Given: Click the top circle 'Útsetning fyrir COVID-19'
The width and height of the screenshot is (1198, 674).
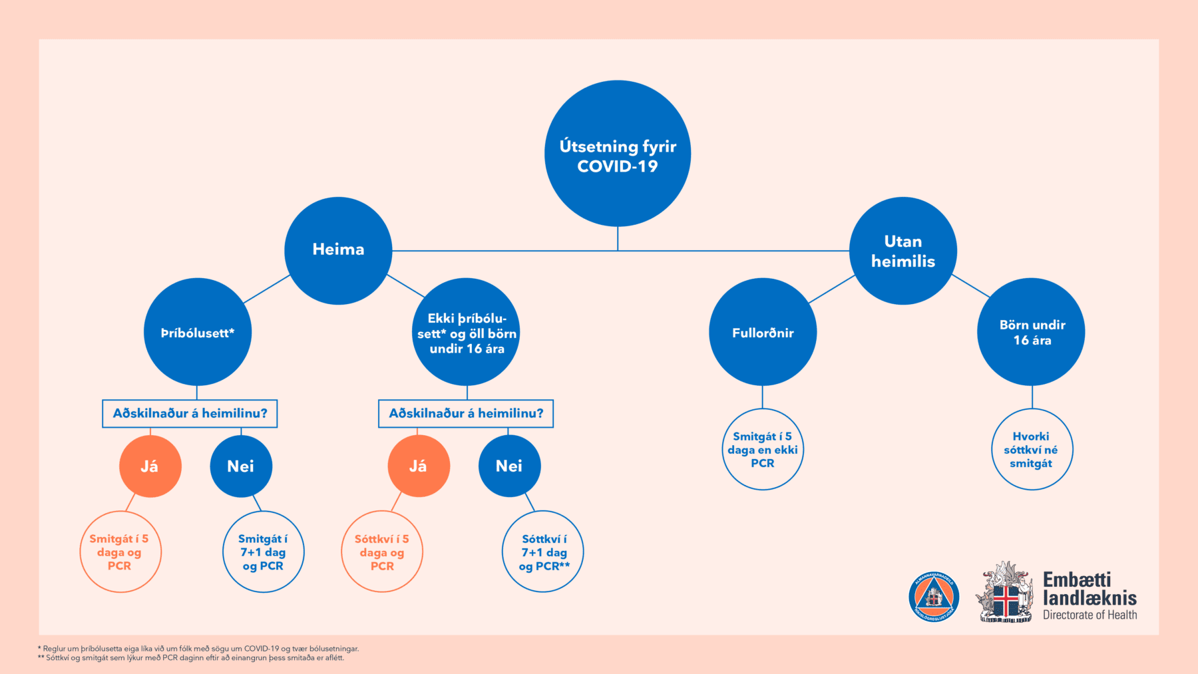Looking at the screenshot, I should [618, 154].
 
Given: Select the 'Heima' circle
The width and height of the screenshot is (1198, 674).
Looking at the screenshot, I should [338, 250].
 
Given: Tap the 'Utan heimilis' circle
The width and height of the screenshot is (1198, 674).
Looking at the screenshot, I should [902, 251].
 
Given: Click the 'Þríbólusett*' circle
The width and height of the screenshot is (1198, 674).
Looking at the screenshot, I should [198, 332].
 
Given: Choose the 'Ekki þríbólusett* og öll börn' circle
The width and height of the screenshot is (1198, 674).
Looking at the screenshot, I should [466, 332].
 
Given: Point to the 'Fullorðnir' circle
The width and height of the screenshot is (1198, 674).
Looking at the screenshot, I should [763, 332].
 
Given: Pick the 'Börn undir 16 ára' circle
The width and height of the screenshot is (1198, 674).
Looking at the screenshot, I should [1031, 332].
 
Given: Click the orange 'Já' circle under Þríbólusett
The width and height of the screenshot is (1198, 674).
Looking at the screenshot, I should [150, 466].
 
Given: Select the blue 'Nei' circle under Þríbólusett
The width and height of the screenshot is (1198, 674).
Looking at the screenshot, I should [241, 466].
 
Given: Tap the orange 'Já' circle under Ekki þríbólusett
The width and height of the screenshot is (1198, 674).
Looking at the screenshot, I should [418, 466].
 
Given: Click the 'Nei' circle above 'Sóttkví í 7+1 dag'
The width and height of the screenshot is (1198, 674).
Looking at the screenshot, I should [509, 466].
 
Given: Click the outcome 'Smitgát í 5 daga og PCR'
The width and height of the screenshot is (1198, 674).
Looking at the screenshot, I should [120, 552].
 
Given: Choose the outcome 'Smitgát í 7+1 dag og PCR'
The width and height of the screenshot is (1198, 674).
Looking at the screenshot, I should [263, 552].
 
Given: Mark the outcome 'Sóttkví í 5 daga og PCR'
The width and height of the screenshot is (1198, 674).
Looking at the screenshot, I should [382, 552].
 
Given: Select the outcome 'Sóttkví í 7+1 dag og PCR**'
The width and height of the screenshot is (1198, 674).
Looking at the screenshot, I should [543, 552].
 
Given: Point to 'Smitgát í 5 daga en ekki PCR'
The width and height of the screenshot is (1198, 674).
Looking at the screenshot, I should [763, 449].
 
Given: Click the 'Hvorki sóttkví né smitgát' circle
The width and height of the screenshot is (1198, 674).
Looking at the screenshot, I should [1032, 449].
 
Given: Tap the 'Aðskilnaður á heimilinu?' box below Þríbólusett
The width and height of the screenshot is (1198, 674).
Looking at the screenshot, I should [190, 413].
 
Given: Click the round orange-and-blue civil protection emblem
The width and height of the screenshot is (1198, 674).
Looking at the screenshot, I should [934, 596].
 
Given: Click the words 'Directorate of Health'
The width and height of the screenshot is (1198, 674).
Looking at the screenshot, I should [1090, 615].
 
